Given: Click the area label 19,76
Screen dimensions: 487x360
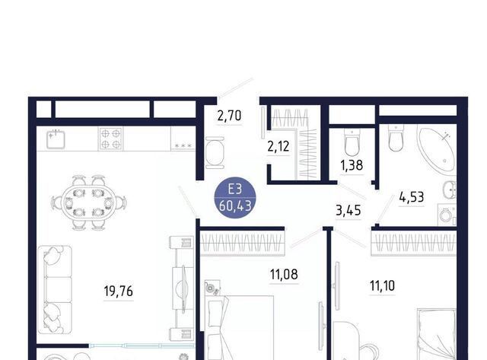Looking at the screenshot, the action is [x=119, y=292].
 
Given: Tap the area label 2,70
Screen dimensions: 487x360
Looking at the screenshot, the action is [x=229, y=116].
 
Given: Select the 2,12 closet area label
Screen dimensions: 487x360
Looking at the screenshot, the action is [x=279, y=146].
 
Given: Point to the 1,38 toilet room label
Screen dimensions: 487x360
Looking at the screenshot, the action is [x=352, y=165].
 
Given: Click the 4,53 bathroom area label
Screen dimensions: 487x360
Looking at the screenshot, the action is [x=412, y=197].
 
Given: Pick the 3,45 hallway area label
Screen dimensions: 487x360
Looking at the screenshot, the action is [x=349, y=210].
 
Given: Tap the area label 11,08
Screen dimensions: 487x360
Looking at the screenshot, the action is [x=284, y=274].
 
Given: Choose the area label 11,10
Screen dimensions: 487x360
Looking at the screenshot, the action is [x=382, y=285].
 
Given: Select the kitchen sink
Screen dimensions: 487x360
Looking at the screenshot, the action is [x=56, y=139].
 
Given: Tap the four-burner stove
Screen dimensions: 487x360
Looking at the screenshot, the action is [x=110, y=139].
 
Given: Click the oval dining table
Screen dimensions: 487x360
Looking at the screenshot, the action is [x=88, y=202].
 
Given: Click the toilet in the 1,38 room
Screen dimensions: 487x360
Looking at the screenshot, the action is [x=352, y=142].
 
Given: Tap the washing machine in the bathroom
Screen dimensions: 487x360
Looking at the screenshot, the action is [x=447, y=215].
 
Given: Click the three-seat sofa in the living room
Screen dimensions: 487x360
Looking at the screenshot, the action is [x=55, y=290].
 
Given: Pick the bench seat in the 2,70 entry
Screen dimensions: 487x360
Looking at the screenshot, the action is [x=215, y=152].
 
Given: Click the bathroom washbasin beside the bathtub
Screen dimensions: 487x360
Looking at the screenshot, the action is [x=450, y=190].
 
